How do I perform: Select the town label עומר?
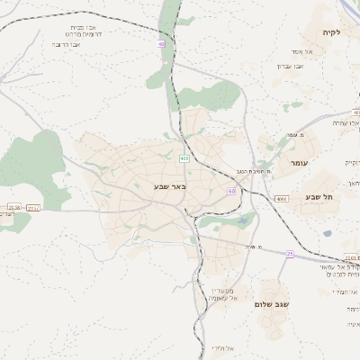pyautogui.click(x=299, y=163)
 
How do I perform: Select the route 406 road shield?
pyautogui.click(x=184, y=159)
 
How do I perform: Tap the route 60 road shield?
pyautogui.click(x=231, y=191)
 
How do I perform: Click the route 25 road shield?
pyautogui.click(x=290, y=255)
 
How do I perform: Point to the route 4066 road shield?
pyautogui.click(x=281, y=198)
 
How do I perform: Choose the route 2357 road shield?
pyautogui.click(x=34, y=207)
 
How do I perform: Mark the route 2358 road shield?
pyautogui.click(x=13, y=207)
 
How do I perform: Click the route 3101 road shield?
pyautogui.click(x=350, y=257)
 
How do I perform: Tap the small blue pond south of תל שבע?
pyautogui.click(x=327, y=233)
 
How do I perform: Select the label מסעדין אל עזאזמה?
pyautogui.click(x=221, y=293)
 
